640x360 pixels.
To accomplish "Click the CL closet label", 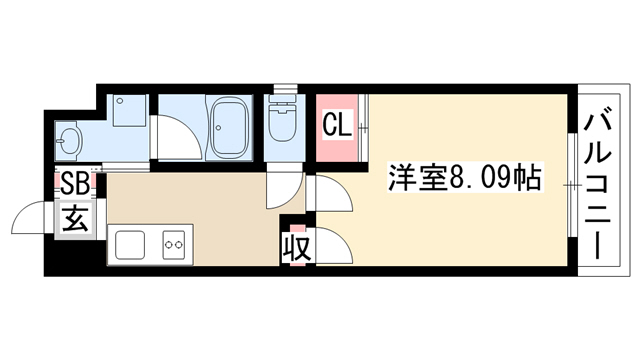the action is pyautogui.click(x=337, y=125).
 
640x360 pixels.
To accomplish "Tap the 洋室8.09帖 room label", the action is pyautogui.click(x=464, y=178).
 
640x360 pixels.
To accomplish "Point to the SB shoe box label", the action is pyautogui.click(x=75, y=184).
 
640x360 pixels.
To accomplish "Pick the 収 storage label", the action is pyautogui.click(x=297, y=248).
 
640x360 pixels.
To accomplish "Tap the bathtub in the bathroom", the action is pyautogui.click(x=230, y=127).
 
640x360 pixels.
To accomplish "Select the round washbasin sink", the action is pyautogui.click(x=69, y=141).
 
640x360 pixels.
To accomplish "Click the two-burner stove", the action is pyautogui.click(x=174, y=244).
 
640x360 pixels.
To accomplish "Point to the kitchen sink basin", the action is pyautogui.click(x=130, y=244).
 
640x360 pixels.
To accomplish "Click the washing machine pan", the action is pyautogui.click(x=129, y=110).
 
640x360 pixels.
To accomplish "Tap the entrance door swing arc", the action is pyautogui.click(x=27, y=212).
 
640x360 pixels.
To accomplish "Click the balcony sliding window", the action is pyautogui.click(x=573, y=185).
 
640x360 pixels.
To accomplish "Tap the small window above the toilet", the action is pyautogui.click(x=286, y=89).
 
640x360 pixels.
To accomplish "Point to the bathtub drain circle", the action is pyautogui.click(x=219, y=127).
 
